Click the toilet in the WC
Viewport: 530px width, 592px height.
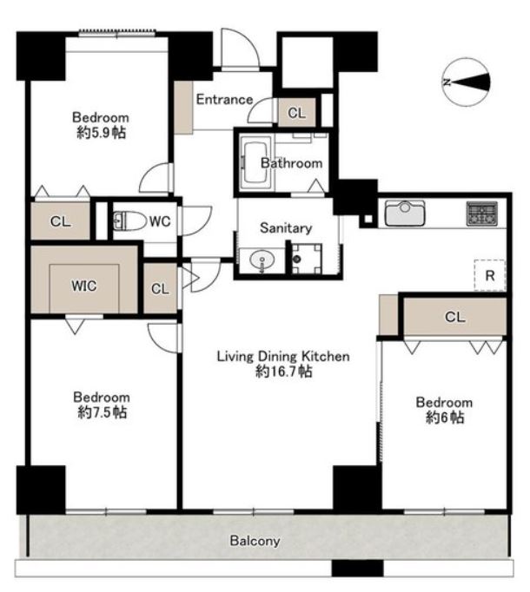pos(129,220)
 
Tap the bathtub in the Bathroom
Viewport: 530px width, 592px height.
pos(255,162)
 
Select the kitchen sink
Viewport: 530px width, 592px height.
pos(405,213)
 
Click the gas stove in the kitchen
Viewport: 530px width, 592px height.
pos(482,214)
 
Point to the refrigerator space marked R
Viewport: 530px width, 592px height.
pos(490,275)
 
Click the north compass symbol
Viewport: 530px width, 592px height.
pos(467,82)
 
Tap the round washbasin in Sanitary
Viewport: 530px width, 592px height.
pos(262,260)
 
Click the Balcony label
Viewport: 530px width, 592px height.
pos(255,541)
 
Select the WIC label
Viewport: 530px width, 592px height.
pos(84,286)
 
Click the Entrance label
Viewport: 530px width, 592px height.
pos(224,99)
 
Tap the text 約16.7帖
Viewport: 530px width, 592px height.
pos(284,372)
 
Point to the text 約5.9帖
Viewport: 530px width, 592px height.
pos(102,133)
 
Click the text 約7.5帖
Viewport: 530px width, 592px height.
pos(102,412)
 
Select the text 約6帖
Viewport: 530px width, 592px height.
pos(445,418)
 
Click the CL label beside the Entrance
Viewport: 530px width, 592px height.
pos(296,113)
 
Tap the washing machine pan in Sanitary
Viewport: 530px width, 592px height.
pos(307,259)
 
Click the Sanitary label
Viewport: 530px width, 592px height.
pos(286,228)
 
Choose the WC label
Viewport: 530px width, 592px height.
pos(160,221)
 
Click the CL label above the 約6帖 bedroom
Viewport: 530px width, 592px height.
pos(454,317)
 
